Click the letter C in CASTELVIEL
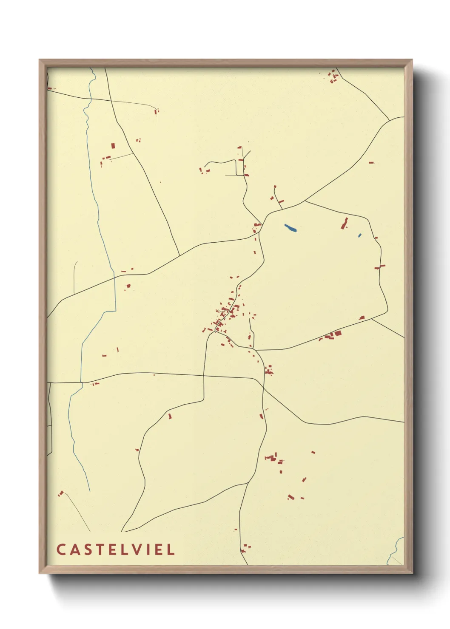[x=61, y=550]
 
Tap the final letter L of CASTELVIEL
[x=171, y=550]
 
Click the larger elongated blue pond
[x=291, y=228]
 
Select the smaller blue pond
[x=360, y=235]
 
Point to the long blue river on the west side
[x=99, y=212]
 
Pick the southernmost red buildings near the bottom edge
[x=245, y=548]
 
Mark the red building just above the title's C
[x=61, y=493]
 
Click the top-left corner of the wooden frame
[x=40, y=60]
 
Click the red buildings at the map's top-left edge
[x=51, y=88]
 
